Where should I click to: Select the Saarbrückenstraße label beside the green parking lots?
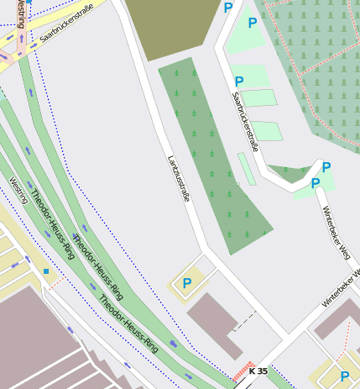point(245,122)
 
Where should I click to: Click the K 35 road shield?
point(258,371)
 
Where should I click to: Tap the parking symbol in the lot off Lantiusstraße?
point(186,283)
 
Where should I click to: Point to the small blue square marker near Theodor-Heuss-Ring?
point(46,271)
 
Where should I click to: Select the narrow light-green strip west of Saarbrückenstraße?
point(247,168)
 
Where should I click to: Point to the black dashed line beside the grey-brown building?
point(243,320)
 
